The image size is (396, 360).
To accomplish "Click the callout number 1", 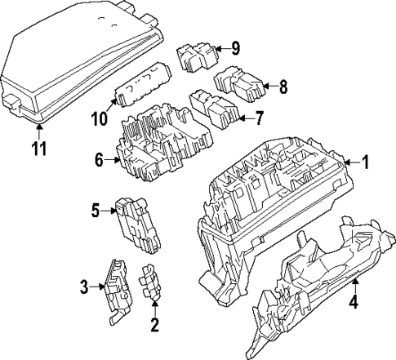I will [365, 162].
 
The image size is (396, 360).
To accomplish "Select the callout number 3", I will [84, 286].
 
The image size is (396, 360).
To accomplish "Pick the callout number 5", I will [96, 211].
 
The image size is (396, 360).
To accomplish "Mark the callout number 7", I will [259, 119].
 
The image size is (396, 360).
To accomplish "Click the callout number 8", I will [283, 84].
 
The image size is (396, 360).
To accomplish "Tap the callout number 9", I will [236, 49].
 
